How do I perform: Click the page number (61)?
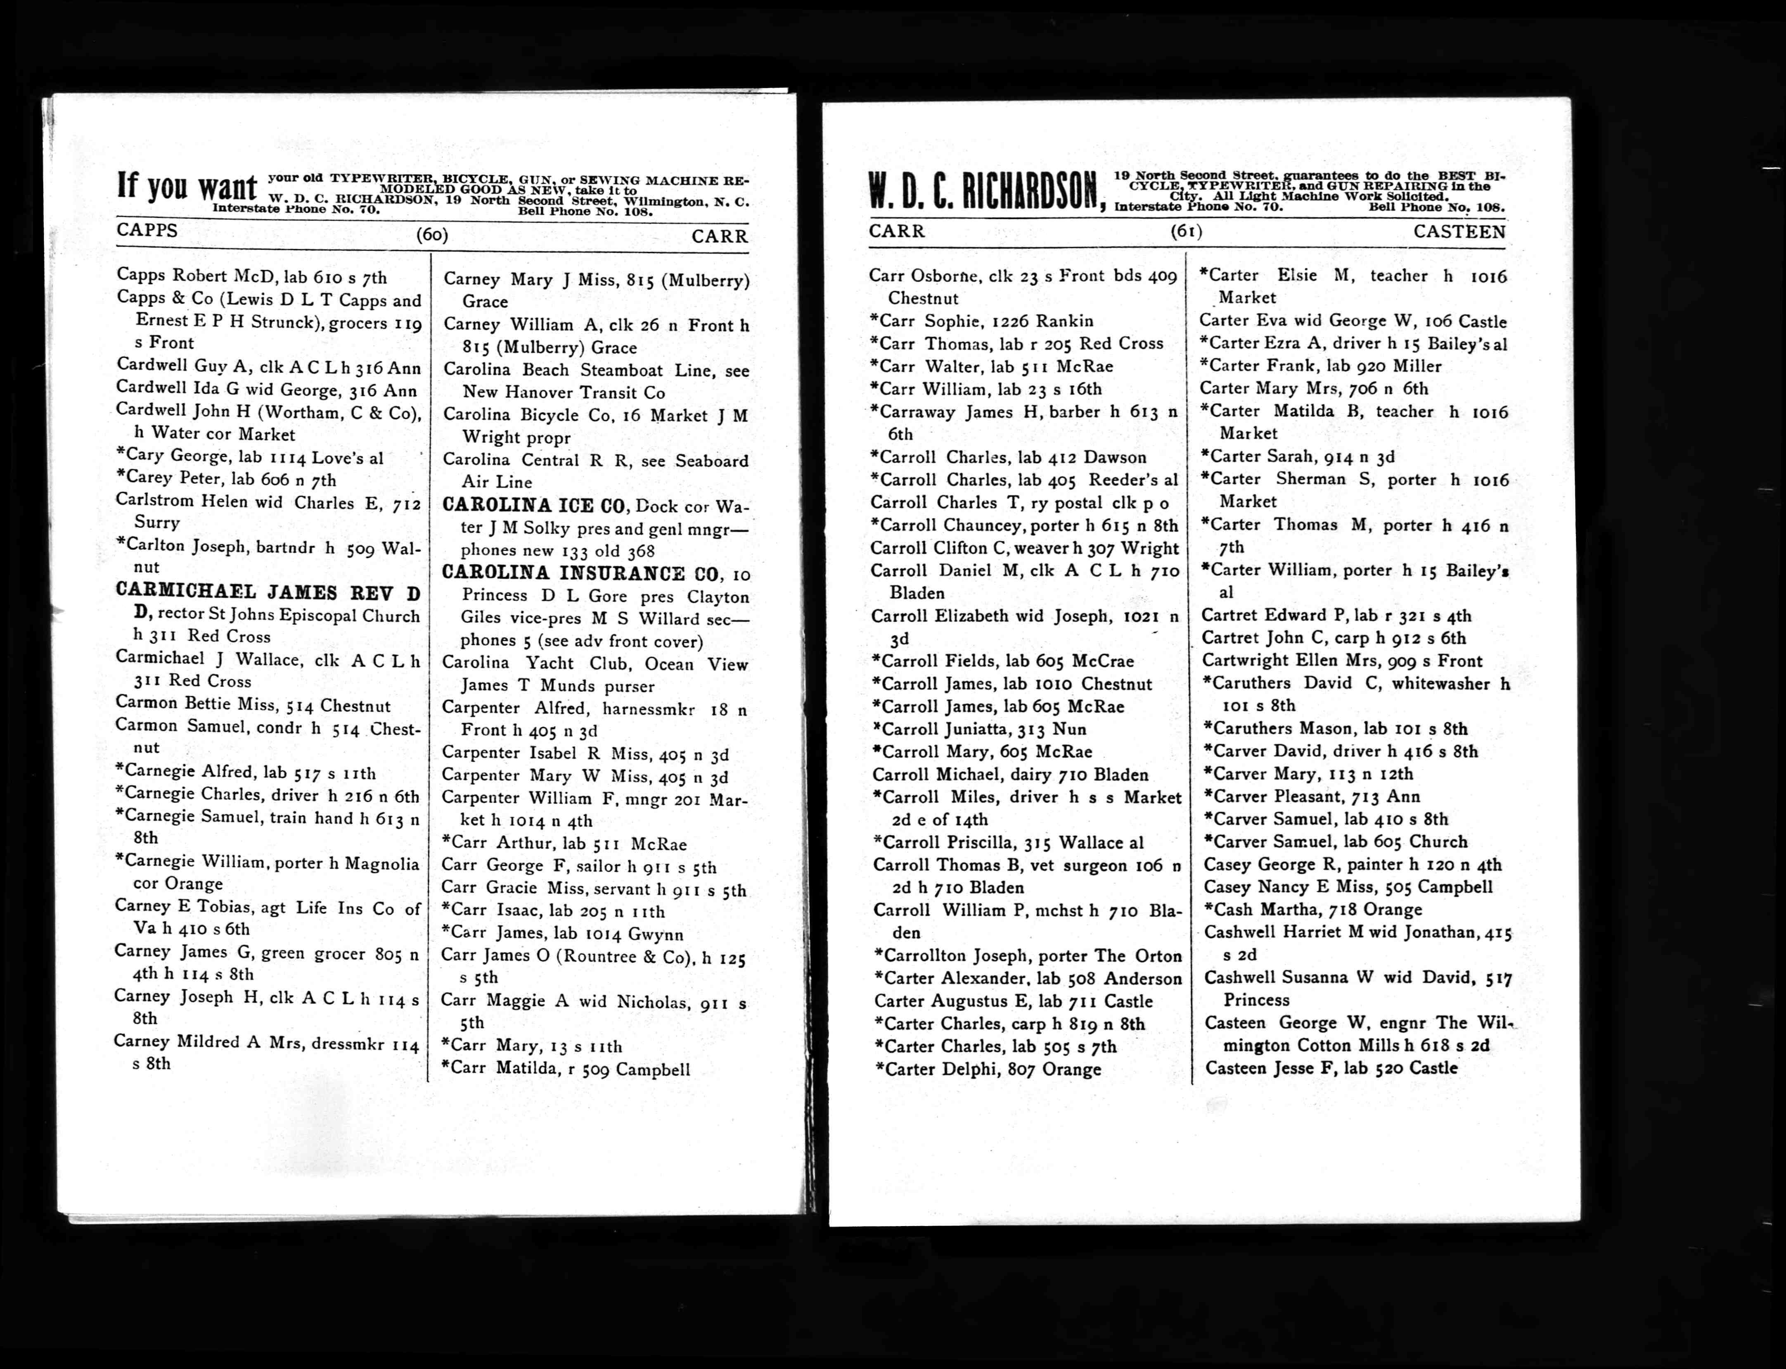pos(1186,231)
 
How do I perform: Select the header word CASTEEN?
pos(1459,231)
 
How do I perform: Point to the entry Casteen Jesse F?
pos(1331,1067)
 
